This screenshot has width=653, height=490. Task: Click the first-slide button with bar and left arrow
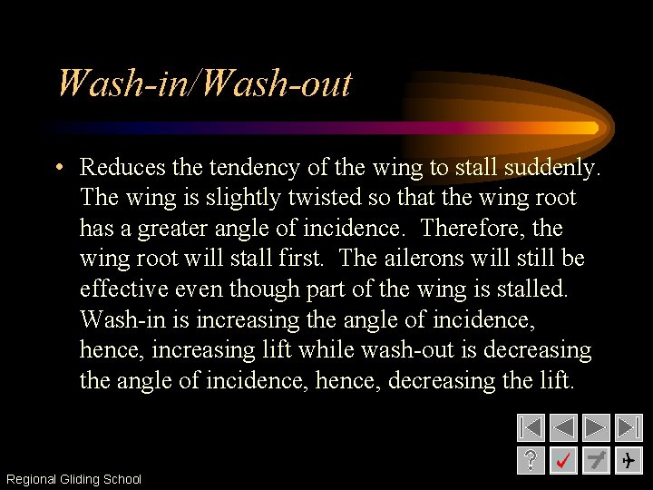(x=531, y=427)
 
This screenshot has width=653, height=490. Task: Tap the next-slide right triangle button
(x=596, y=427)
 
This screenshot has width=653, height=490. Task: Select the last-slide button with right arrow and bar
(x=629, y=427)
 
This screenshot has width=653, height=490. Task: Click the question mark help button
(x=531, y=460)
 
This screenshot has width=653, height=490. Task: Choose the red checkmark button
(x=563, y=460)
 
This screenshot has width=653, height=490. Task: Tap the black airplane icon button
(x=629, y=460)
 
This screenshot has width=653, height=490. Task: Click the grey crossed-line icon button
(x=596, y=460)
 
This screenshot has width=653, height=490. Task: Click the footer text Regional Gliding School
(x=73, y=479)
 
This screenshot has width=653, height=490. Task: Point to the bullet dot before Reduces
(x=57, y=168)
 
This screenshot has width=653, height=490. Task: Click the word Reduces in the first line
(x=122, y=167)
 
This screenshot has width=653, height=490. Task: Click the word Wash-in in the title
(x=123, y=84)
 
